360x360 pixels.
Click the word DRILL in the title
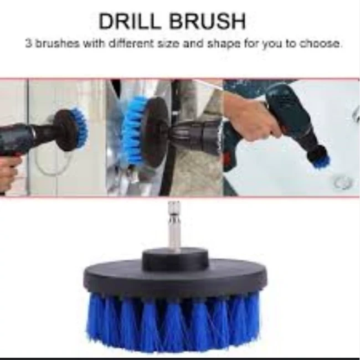click(129, 22)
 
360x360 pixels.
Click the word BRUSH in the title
click(207, 22)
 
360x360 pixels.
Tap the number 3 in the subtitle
click(28, 43)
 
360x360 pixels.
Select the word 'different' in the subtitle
click(131, 43)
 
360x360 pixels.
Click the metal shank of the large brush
click(174, 225)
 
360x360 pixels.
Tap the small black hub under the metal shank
click(175, 259)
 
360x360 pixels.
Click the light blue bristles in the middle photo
click(133, 131)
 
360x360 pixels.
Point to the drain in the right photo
click(342, 183)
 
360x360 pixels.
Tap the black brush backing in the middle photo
click(156, 131)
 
